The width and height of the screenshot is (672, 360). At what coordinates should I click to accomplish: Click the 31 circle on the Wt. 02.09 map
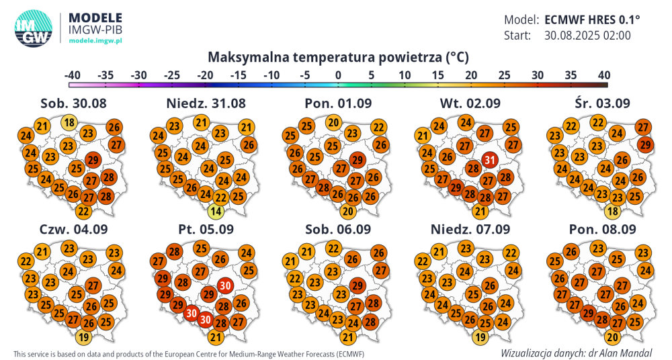coord(491,160)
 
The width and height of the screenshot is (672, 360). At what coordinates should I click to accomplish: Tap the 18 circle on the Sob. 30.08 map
coord(69,122)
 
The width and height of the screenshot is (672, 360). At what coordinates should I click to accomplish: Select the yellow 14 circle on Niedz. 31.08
coord(215,212)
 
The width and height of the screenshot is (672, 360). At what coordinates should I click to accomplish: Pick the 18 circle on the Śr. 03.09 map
coord(612,211)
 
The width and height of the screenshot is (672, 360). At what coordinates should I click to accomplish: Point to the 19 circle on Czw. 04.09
coord(84,337)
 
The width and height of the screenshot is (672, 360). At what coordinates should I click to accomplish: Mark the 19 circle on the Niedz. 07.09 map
coord(480,337)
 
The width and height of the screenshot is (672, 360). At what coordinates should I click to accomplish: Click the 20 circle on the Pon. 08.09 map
coord(612,337)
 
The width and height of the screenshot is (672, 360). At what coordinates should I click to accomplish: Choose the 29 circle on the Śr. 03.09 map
coord(646,144)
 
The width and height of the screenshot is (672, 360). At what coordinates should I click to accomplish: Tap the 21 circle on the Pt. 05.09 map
coord(216,337)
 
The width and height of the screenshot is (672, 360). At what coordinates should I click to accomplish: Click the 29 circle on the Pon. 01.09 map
coord(358,160)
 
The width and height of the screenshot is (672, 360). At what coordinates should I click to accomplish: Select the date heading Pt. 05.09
coord(206,229)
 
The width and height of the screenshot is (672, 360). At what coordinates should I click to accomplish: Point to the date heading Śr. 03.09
coord(602,103)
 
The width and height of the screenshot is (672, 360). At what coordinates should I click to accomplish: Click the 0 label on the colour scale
coord(338,75)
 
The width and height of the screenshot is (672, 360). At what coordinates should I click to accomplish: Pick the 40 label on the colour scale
coord(603,75)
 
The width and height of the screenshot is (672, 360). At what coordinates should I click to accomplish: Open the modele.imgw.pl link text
coord(95,41)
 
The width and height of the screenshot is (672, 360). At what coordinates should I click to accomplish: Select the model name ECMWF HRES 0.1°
coord(592,19)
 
